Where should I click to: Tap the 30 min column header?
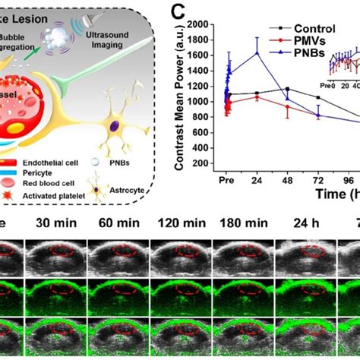(x=55, y=224)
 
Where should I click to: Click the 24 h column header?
(x=305, y=224)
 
